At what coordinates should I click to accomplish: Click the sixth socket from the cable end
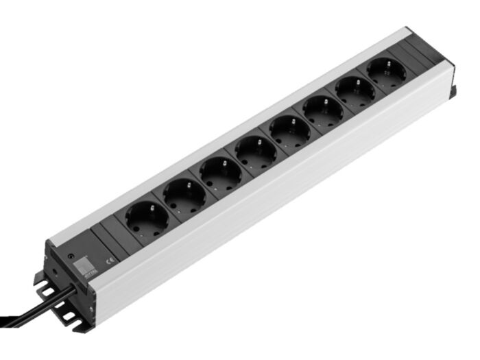[323, 108]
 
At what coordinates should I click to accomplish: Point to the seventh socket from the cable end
[355, 89]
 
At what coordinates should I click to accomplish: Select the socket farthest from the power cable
[386, 71]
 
